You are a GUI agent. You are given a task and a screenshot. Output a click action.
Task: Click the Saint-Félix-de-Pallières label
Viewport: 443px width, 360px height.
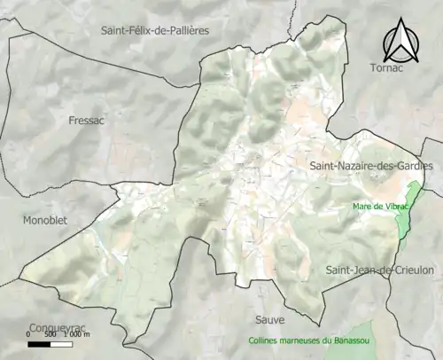pyautogui.click(x=155, y=30)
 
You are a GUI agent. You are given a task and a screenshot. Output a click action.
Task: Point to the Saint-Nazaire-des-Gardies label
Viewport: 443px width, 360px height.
pyautogui.click(x=370, y=166)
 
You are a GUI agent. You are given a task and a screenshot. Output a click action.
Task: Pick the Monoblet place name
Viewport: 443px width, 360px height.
pyautogui.click(x=45, y=220)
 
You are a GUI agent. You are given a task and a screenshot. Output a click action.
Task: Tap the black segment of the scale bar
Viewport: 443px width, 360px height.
pyautogui.click(x=38, y=343)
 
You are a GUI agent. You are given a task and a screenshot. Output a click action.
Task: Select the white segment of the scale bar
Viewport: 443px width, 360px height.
pyautogui.click(x=60, y=343)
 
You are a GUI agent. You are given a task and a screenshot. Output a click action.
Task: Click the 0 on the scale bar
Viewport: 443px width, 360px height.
pyautogui.click(x=28, y=334)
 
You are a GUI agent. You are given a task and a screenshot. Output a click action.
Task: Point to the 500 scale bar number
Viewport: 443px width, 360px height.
pyautogui.click(x=49, y=334)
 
